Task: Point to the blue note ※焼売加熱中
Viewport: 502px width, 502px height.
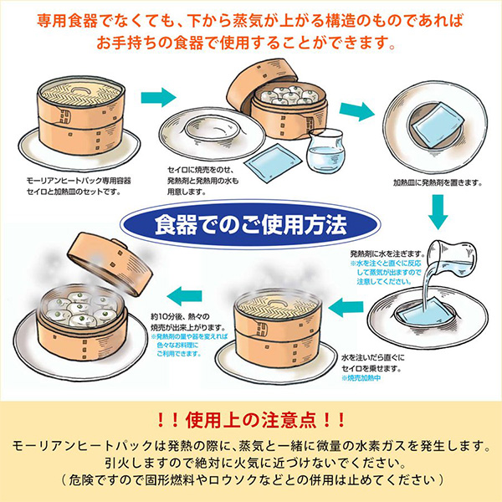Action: click(361, 379)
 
